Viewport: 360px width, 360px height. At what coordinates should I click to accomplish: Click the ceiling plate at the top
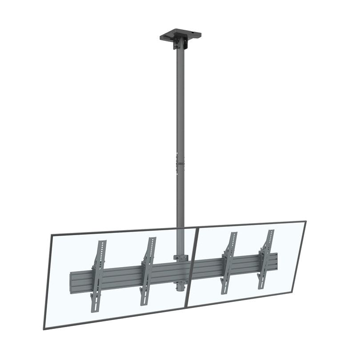pos(180,34)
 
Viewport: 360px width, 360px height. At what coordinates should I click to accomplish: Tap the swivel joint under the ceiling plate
pos(180,44)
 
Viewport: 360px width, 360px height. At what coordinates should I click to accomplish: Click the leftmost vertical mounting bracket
pos(99,276)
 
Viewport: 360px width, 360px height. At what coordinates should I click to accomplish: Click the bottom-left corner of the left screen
pos(44,328)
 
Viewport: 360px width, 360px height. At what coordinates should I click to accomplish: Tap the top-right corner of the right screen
pos(305,221)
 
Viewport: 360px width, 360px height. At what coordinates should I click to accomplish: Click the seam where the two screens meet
pos(192,267)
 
